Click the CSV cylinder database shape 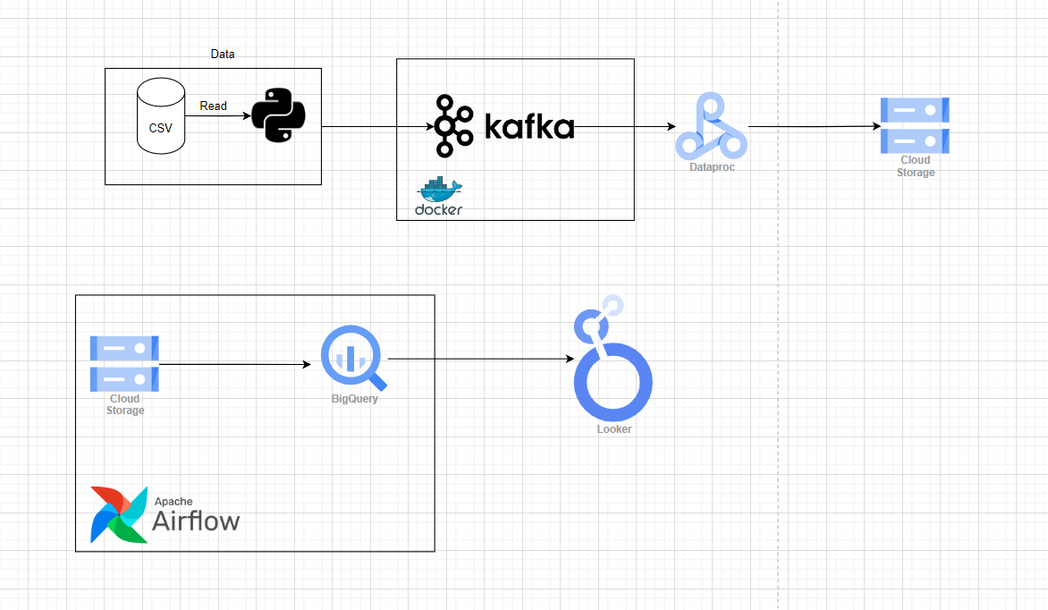tap(160, 117)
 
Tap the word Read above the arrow tap(213, 106)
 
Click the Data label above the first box tap(223, 55)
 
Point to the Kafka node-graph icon tap(454, 126)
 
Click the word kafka tap(528, 127)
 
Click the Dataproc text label tap(712, 167)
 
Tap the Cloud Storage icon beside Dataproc tap(915, 125)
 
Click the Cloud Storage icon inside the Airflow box tap(124, 363)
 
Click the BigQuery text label tap(355, 399)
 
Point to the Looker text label tap(614, 429)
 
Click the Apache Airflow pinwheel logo tap(118, 515)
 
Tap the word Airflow tap(196, 520)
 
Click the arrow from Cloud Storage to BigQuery tap(240, 364)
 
